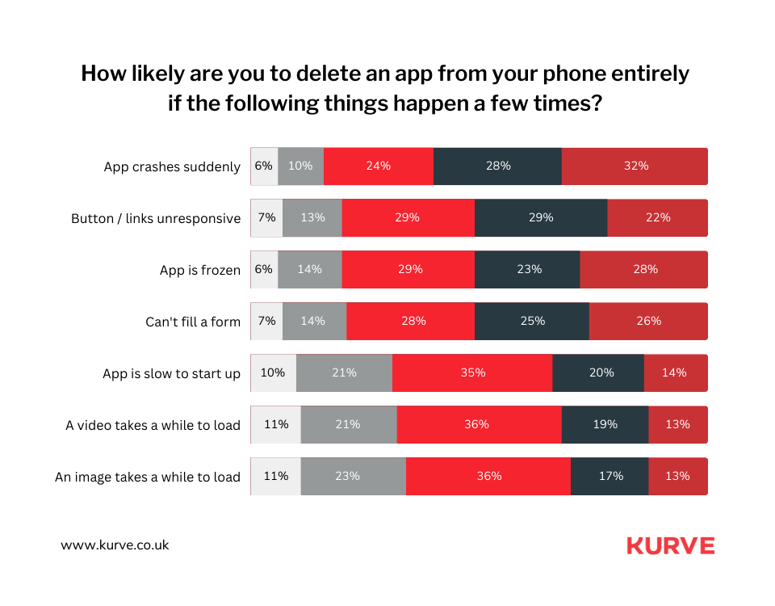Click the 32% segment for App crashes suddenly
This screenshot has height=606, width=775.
635,166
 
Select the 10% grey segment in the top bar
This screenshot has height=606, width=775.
300,166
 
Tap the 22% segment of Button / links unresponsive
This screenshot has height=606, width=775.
657,218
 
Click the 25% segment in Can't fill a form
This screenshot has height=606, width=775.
532,322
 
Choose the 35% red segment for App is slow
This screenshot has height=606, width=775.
472,373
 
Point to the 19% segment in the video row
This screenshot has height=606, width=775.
605,425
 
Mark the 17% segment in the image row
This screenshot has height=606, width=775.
610,477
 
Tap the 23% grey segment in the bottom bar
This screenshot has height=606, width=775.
353,477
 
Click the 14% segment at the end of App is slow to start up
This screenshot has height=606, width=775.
675,373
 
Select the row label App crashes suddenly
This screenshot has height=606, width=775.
172,167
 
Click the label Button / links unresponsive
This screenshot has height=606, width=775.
156,219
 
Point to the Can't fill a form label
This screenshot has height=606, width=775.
193,322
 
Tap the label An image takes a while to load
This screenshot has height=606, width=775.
148,478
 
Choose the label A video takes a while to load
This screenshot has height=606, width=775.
153,426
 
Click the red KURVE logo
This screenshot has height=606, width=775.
670,546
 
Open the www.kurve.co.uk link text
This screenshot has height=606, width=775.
115,545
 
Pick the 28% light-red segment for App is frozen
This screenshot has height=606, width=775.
644,270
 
